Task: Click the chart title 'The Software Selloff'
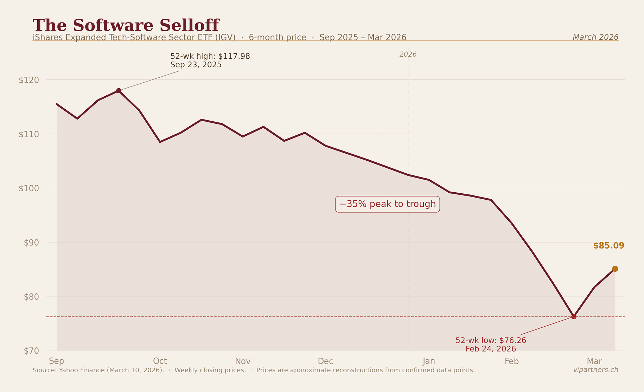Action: (x=126, y=25)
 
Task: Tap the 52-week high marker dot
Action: (x=119, y=91)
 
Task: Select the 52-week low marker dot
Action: (x=574, y=317)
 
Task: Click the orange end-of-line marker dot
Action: (x=615, y=269)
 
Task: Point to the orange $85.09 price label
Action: (x=608, y=246)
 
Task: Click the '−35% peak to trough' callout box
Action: (x=387, y=204)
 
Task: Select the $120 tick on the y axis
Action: (x=29, y=80)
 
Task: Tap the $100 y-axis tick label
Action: (x=29, y=188)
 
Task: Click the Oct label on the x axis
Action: (x=160, y=361)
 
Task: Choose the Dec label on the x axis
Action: (x=325, y=361)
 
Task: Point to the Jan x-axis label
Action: (x=429, y=361)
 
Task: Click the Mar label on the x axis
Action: (x=594, y=361)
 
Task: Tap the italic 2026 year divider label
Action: (x=408, y=54)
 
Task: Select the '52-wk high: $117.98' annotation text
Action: (x=210, y=56)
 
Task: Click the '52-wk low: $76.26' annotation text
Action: (x=491, y=340)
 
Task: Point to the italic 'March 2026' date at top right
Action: (x=595, y=37)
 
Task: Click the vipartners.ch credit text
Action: (x=595, y=370)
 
